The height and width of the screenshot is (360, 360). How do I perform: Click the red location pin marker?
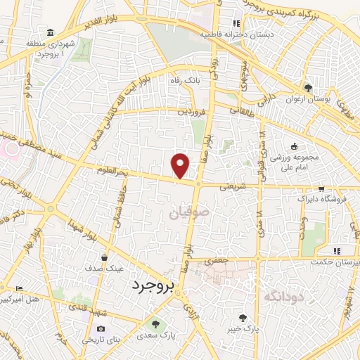click(x=181, y=166)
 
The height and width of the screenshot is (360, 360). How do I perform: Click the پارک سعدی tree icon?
click(x=156, y=324)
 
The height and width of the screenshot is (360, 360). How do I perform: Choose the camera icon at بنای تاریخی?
click(x=100, y=328)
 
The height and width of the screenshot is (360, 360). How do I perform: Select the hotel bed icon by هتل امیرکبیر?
click(x=19, y=288)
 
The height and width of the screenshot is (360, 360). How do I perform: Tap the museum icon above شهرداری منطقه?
click(x=50, y=33)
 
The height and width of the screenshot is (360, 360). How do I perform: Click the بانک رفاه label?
click(x=181, y=81)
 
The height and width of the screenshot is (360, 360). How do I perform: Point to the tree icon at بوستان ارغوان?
click(x=308, y=87)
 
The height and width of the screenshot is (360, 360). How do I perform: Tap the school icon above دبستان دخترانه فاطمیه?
click(x=245, y=22)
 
